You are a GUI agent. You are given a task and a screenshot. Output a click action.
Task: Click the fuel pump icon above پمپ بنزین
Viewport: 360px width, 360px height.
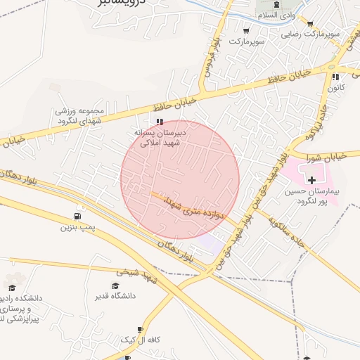click(x=77, y=216)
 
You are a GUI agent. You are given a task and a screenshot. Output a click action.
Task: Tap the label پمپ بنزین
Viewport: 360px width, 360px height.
click(x=77, y=227)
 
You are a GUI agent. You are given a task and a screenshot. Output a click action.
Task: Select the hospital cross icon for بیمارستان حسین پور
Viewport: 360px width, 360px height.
click(x=311, y=181)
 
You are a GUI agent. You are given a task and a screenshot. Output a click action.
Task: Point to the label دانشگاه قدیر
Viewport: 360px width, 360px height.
click(x=115, y=296)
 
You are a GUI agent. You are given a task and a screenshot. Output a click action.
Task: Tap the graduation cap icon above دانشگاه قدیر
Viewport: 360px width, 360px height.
click(x=115, y=285)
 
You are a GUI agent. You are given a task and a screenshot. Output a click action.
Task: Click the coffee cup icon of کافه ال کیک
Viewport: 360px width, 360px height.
click(x=140, y=329)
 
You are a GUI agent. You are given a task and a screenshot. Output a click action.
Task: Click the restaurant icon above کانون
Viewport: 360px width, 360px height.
click(x=335, y=77)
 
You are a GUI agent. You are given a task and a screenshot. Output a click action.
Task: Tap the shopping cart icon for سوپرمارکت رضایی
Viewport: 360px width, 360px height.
click(x=310, y=23)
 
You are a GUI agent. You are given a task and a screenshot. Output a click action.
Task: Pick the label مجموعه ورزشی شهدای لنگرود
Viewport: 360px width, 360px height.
click(x=80, y=115)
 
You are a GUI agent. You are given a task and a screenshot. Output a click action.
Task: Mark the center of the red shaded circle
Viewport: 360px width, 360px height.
click(x=180, y=179)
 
